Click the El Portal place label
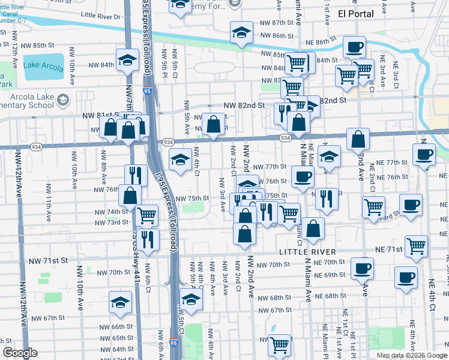tap(355, 13)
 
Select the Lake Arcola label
tap(44, 67)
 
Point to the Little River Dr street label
tap(100, 16)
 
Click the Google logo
tap(20, 353)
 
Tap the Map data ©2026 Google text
tap(412, 355)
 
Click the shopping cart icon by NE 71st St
tap(416, 245)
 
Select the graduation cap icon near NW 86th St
tap(241, 32)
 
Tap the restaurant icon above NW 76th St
tap(136, 175)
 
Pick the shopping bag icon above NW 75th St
tap(130, 194)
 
